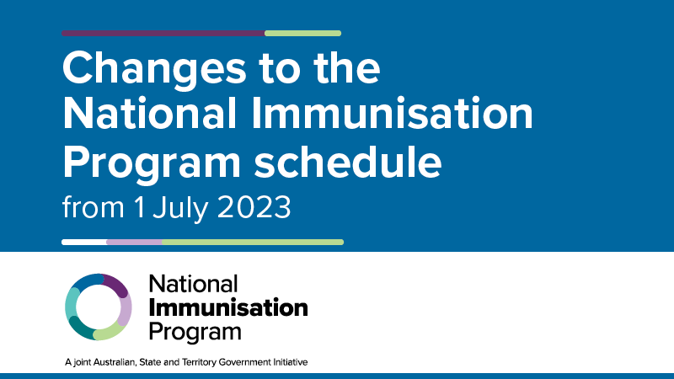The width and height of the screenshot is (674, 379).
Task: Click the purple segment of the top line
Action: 163,34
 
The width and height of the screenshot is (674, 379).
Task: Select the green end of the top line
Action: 303,34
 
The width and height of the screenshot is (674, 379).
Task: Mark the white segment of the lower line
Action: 84,242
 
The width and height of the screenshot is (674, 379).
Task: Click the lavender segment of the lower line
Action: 134,242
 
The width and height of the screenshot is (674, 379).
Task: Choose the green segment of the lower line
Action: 253,242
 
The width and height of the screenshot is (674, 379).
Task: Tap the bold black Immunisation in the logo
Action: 228,307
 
